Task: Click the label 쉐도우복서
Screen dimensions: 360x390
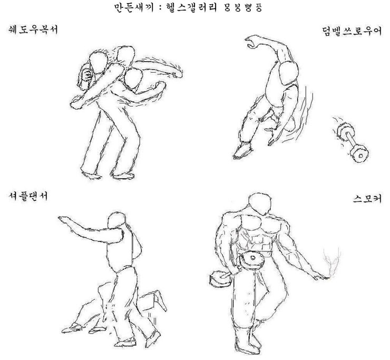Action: pyautogui.click(x=31, y=29)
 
